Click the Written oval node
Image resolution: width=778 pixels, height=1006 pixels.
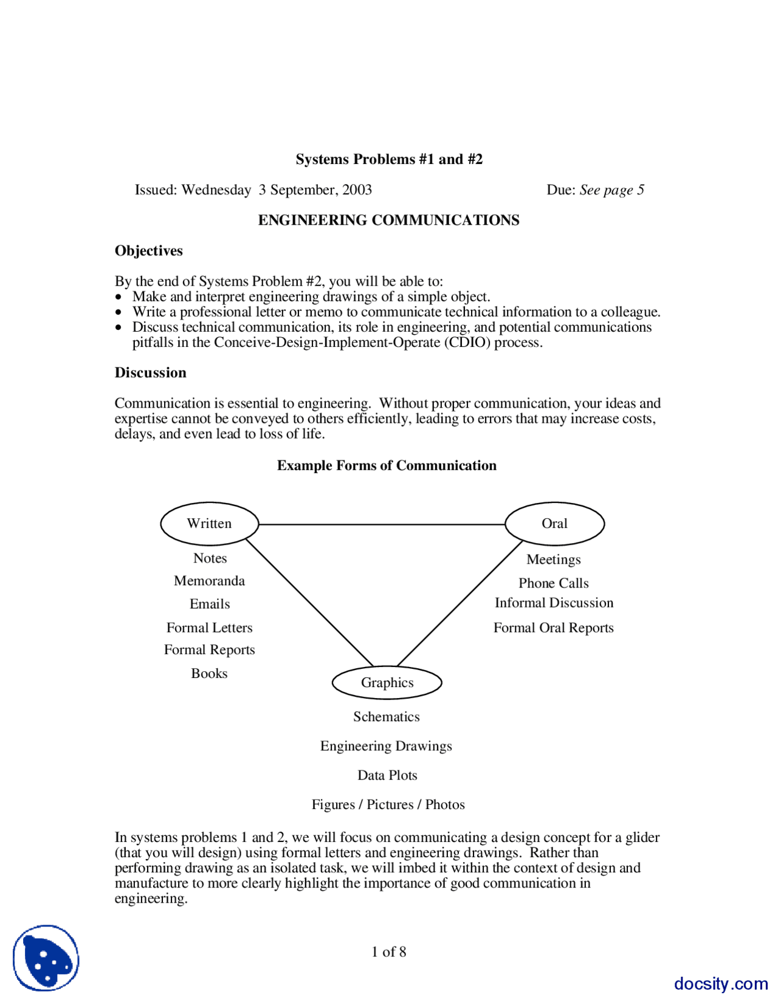[209, 524]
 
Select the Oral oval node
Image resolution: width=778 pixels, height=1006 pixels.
[554, 524]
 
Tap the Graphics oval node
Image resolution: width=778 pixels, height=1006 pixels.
[387, 683]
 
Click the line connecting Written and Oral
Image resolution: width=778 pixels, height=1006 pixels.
[382, 524]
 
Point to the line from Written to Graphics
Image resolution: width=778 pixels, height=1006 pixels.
[310, 603]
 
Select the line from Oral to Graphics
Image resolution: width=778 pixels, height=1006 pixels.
[460, 603]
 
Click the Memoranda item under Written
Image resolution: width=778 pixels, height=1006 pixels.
[209, 581]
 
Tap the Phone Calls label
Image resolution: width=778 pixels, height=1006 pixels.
[553, 583]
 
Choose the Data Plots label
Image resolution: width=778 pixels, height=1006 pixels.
[387, 775]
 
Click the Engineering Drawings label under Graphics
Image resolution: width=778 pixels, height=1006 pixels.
[386, 746]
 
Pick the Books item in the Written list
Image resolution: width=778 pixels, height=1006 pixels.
[209, 673]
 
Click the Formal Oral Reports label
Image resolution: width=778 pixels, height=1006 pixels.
[553, 628]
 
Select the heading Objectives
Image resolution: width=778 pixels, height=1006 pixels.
[149, 251]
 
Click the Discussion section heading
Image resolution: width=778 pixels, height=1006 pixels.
[151, 372]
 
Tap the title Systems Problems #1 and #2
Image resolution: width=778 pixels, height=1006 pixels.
[389, 159]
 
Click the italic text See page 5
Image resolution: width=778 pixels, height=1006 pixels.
[611, 190]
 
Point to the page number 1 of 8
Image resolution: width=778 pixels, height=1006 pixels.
[388, 951]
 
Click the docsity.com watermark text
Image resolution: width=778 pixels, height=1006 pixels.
[720, 984]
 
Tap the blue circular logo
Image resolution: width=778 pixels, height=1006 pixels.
[46, 959]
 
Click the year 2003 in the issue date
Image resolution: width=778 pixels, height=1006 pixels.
[357, 190]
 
